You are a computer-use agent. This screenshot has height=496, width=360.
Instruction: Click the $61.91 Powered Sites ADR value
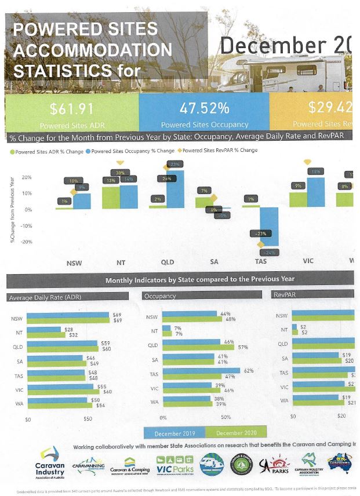coord(71,108)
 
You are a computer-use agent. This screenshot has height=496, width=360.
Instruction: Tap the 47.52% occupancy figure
coord(204,108)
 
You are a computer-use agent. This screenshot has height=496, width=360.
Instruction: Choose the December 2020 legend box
coord(237,433)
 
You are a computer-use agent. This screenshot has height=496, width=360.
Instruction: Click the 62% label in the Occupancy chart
coord(248,370)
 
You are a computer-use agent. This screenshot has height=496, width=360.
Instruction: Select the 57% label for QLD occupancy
coord(243,347)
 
